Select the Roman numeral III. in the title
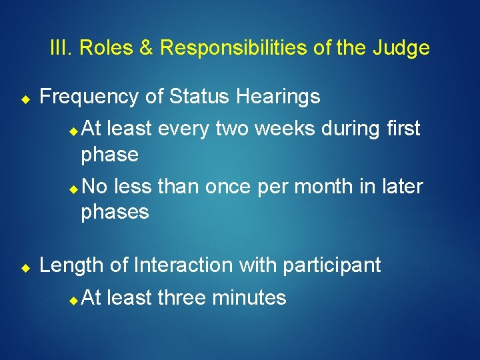[x=63, y=49]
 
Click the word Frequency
[x=89, y=97]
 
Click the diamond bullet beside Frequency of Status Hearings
[x=23, y=99]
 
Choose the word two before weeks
[x=234, y=129]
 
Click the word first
[x=399, y=129]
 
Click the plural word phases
[x=115, y=213]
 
